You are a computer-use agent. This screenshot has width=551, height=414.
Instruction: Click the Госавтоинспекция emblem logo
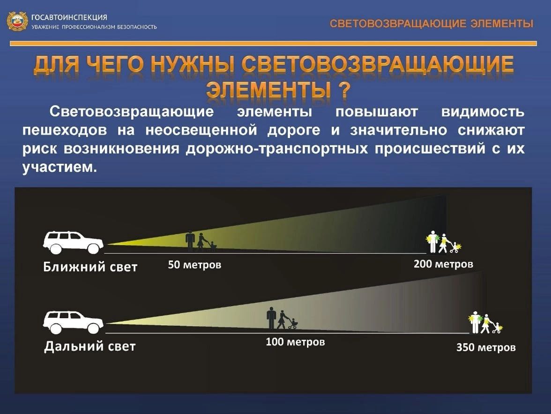click(x=17, y=22)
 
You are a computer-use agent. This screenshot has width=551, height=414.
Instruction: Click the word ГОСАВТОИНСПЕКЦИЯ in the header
click(x=69, y=17)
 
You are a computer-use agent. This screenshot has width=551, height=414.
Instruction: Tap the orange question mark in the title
click(x=344, y=89)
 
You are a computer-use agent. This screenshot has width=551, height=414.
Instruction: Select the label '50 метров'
click(x=194, y=264)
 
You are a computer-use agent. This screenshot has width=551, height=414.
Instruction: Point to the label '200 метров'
click(x=443, y=264)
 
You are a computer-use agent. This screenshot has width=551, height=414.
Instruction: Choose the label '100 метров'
click(x=295, y=342)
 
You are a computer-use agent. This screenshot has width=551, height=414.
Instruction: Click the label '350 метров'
click(x=486, y=347)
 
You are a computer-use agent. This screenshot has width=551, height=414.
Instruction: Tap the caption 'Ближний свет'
click(x=90, y=267)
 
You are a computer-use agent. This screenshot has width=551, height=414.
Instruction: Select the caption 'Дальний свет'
click(x=90, y=346)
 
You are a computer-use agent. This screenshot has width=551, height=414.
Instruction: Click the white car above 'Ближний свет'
click(x=73, y=242)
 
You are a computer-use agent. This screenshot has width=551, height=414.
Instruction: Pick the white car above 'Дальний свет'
click(x=73, y=322)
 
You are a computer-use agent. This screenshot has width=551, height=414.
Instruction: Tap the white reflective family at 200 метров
click(x=443, y=242)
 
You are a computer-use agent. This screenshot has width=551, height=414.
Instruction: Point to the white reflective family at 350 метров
click(x=485, y=322)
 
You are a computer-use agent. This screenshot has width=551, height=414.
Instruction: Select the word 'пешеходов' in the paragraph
click(x=65, y=130)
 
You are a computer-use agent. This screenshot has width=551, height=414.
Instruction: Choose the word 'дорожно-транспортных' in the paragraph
click(x=277, y=148)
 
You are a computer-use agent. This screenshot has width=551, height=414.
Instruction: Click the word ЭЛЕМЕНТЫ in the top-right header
click(x=502, y=23)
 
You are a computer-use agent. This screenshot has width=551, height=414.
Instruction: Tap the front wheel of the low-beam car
click(x=93, y=249)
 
